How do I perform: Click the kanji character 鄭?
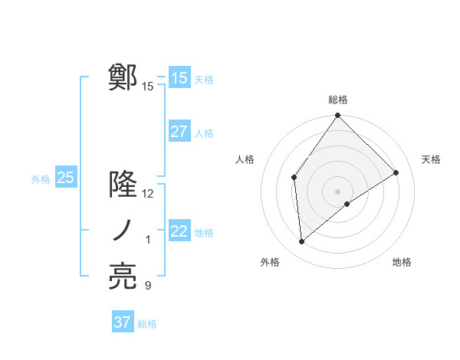[123, 77]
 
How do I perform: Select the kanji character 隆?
[123, 185]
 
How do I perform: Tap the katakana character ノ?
[123, 231]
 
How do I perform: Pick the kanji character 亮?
[123, 277]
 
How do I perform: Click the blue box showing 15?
[179, 77]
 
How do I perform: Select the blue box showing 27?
[179, 131]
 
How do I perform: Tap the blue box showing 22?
[179, 231]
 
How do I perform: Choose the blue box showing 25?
[66, 178]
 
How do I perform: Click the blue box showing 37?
[123, 322]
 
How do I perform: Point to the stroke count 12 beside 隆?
[148, 194]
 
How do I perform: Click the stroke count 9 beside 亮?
[148, 286]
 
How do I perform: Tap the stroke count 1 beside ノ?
[148, 241]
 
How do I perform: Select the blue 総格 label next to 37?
[147, 324]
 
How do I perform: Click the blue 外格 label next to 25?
[41, 179]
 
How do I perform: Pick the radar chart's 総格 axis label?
[338, 100]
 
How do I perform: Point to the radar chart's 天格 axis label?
[432, 159]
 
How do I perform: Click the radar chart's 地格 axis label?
[402, 262]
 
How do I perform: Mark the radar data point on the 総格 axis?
[338, 116]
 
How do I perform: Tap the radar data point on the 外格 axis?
[302, 242]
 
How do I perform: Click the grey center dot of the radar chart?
[338, 191]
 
